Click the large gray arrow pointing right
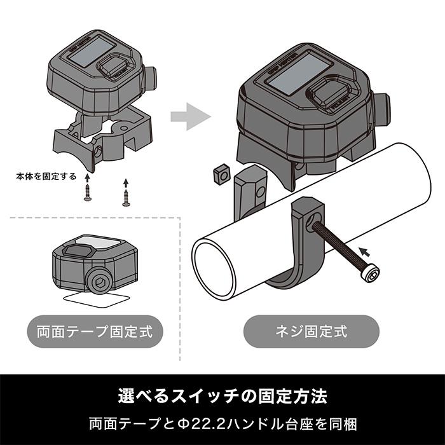coord(191,117)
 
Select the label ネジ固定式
coord(311,331)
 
